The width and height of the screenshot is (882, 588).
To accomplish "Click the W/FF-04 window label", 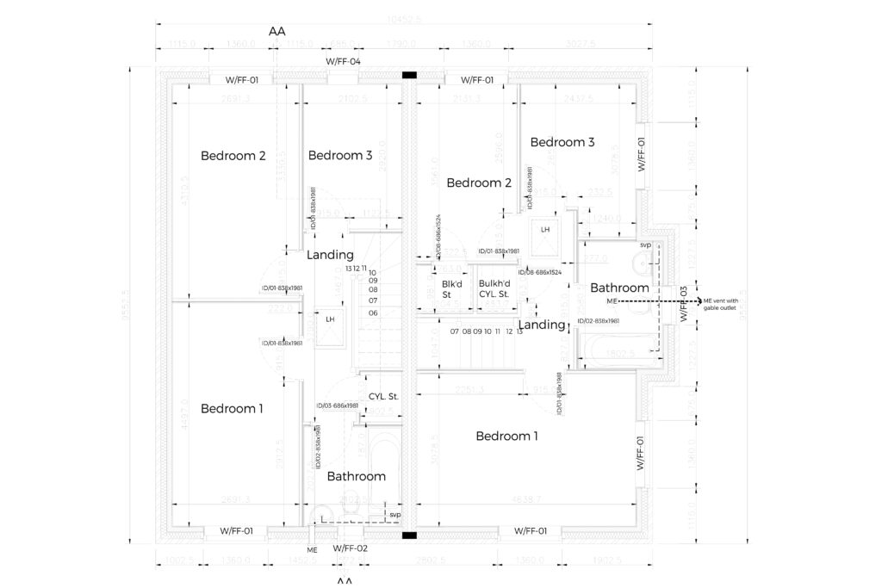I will point(343,62).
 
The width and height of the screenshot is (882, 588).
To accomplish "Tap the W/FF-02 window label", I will point(350,548).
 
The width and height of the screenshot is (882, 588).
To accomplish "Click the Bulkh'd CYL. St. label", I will point(495,288).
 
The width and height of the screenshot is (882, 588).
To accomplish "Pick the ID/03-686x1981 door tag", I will point(336,405).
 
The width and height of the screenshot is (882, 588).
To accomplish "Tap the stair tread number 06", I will point(374,313).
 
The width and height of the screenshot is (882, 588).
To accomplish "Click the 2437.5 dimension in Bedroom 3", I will point(578,99).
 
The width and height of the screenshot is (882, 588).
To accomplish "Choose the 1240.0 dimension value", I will point(607,219).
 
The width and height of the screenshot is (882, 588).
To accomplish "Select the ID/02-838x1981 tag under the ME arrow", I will point(599,321).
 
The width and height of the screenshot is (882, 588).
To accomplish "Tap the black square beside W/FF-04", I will point(410,76).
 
